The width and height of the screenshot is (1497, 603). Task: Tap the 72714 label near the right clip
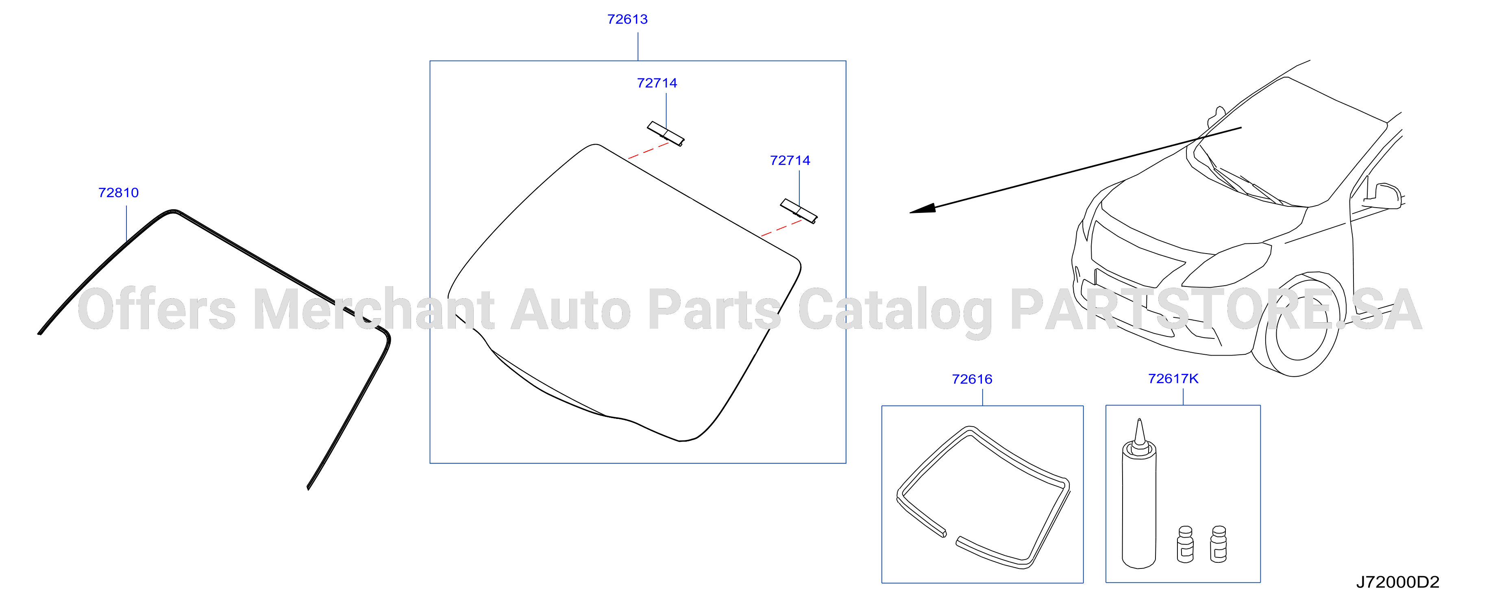(x=790, y=161)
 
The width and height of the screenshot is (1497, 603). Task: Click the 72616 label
(x=972, y=380)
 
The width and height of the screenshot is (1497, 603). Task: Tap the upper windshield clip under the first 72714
(x=666, y=134)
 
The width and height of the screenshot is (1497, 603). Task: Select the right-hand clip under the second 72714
(x=799, y=211)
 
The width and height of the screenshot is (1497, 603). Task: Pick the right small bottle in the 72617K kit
(x=1218, y=544)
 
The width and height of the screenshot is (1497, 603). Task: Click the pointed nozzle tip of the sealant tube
(x=1139, y=419)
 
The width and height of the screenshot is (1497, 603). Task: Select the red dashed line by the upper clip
(x=648, y=150)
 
